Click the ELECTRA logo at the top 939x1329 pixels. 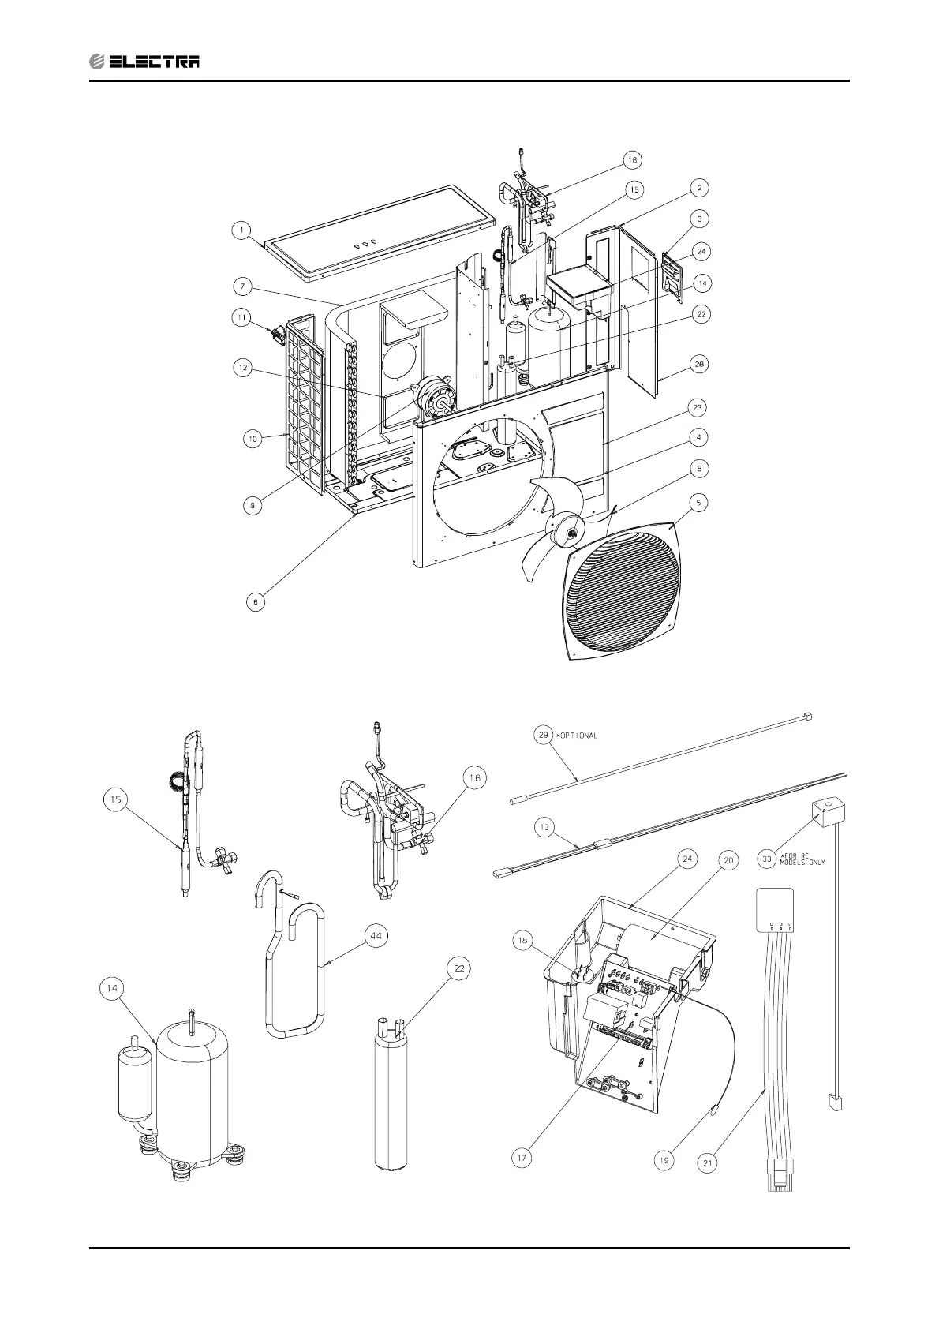[x=144, y=61]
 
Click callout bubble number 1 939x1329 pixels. [x=243, y=231]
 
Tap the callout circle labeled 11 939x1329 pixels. [x=243, y=317]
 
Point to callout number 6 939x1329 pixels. [x=255, y=601]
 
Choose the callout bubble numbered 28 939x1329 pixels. [x=700, y=365]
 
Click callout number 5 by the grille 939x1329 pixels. [x=700, y=502]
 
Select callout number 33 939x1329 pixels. [x=766, y=859]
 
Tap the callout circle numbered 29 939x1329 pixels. [x=543, y=736]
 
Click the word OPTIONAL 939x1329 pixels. [x=578, y=736]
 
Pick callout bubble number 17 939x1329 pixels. [x=522, y=1159]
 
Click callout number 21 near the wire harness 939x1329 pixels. [x=708, y=1162]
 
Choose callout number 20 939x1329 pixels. [x=729, y=860]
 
